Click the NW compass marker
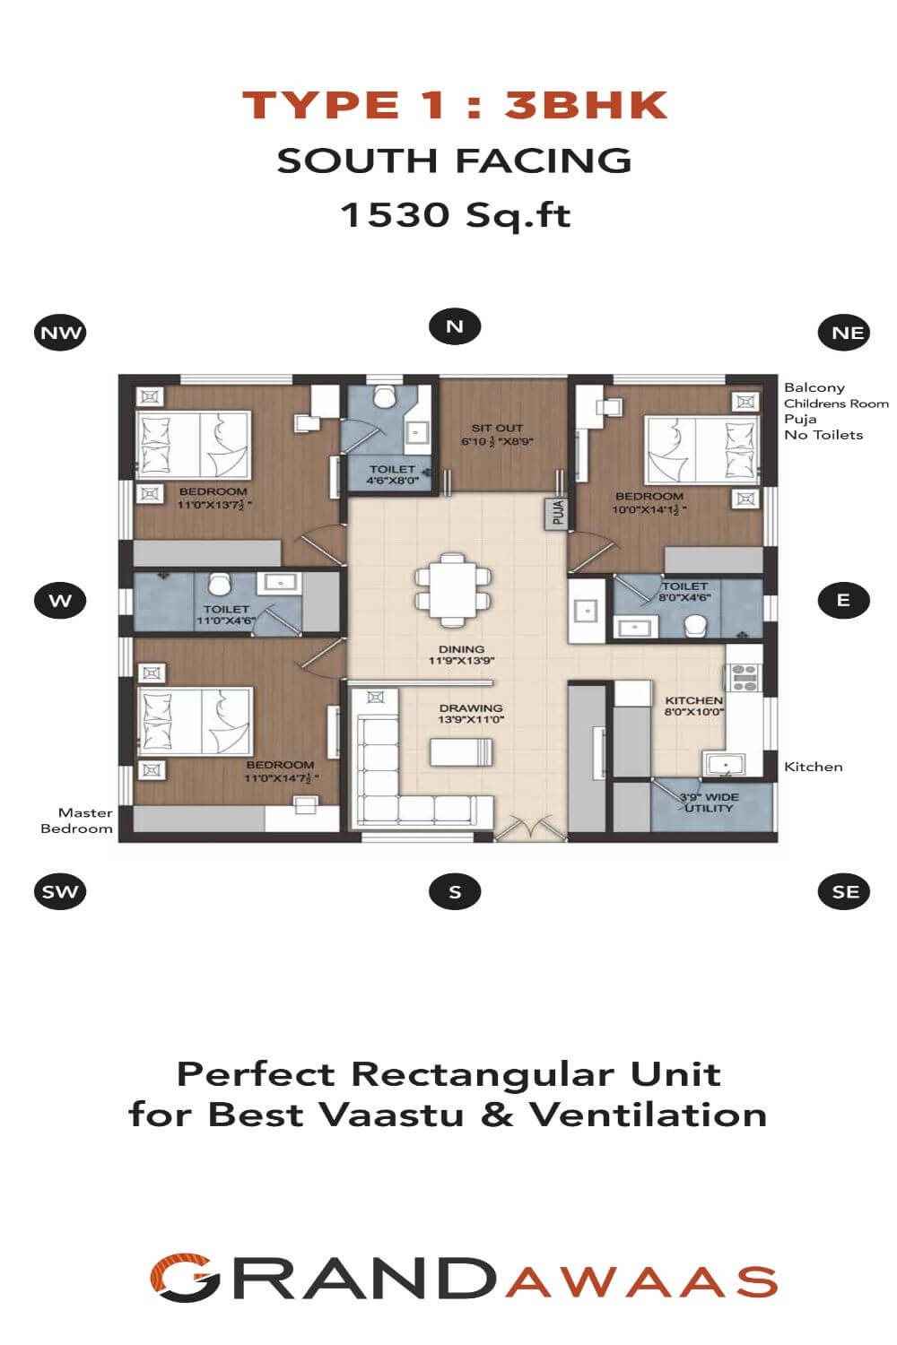pyautogui.click(x=60, y=332)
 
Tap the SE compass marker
pyautogui.click(x=844, y=891)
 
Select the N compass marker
pyautogui.click(x=455, y=326)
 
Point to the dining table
pyautogui.click(x=453, y=590)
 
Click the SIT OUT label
pyautogui.click(x=497, y=428)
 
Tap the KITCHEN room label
pyautogui.click(x=693, y=700)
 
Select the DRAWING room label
pyautogui.click(x=471, y=708)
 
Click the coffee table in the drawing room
pyautogui.click(x=461, y=752)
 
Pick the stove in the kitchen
pyautogui.click(x=745, y=677)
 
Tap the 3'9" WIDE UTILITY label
pyautogui.click(x=709, y=803)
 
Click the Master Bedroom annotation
pyautogui.click(x=76, y=820)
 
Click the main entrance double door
pyautogui.click(x=531, y=827)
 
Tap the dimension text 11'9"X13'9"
pyautogui.click(x=461, y=661)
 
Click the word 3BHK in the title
pyautogui.click(x=587, y=105)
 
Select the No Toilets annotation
pyautogui.click(x=823, y=435)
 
